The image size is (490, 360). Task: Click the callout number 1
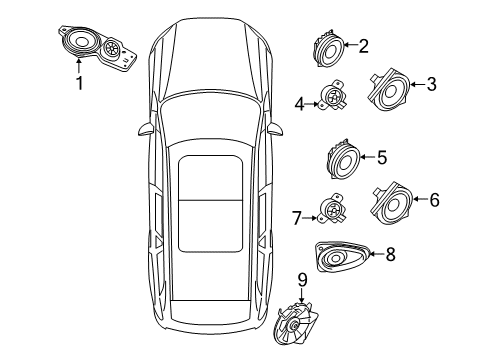tap(80, 83)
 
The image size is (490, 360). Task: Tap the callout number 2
tap(363, 45)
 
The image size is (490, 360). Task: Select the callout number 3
tap(431, 85)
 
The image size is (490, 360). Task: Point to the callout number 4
tap(299, 101)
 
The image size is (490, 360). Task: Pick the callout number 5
tap(381, 156)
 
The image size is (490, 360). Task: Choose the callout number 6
tap(433, 200)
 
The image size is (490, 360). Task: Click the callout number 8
tap(390, 255)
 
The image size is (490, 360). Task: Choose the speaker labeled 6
tap(394, 206)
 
